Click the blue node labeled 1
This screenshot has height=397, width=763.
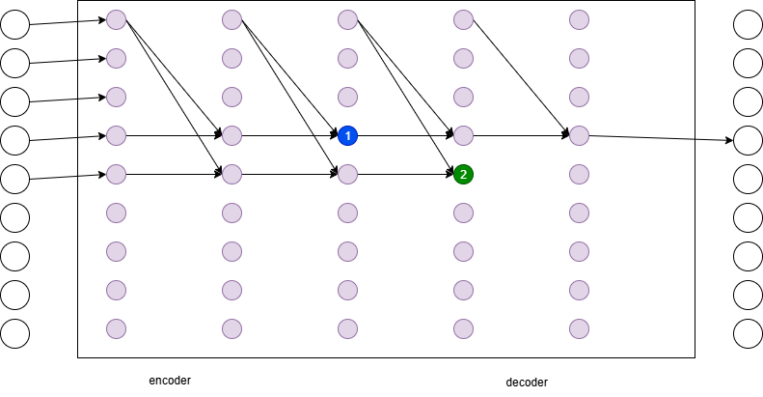347,135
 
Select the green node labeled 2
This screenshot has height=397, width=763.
463,175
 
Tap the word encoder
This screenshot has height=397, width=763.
170,381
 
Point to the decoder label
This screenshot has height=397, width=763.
527,383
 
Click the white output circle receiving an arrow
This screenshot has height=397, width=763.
748,140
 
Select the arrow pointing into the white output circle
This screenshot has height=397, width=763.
661,138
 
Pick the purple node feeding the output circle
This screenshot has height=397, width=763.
579,135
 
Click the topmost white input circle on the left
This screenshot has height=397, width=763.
15,24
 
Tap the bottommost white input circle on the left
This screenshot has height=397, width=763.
15,333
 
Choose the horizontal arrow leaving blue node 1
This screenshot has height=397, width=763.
406,135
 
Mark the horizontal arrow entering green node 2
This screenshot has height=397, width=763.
406,175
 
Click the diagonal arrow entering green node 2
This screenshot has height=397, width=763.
406,98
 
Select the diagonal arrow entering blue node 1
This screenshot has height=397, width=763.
290,78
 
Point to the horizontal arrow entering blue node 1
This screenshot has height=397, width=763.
290,135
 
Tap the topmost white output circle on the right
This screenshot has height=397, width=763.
748,24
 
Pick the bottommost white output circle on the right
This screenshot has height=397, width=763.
748,333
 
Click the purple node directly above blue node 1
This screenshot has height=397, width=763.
347,97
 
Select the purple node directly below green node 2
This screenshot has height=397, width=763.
463,213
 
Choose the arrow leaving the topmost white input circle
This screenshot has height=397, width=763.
68,22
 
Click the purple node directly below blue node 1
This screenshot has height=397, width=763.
347,175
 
